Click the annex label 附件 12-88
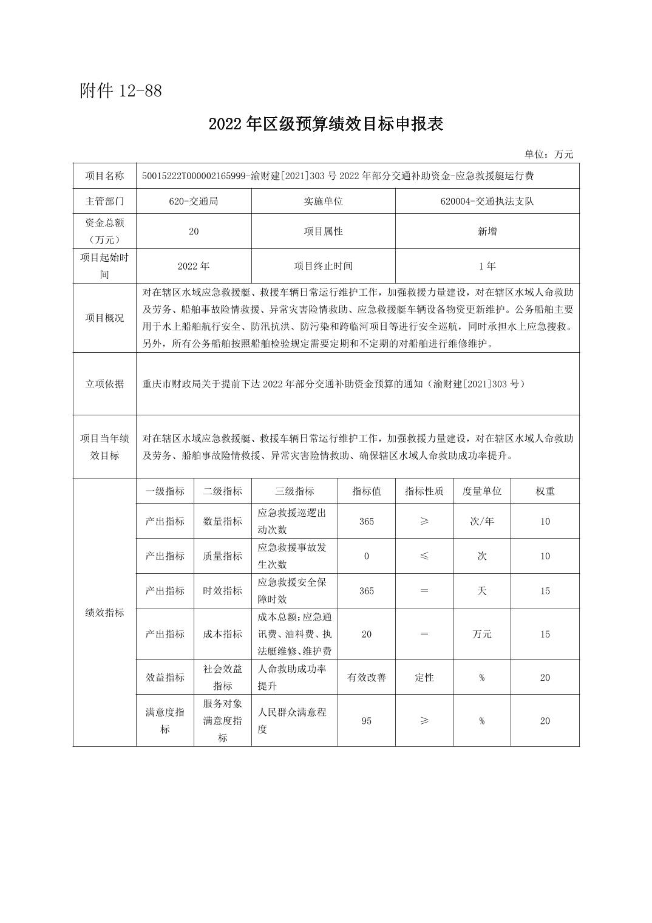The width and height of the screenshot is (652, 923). (121, 91)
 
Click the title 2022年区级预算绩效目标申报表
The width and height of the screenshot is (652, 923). (326, 124)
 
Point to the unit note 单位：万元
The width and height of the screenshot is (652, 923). (549, 154)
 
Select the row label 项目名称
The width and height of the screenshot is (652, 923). (104, 176)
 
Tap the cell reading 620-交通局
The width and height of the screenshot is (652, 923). (194, 201)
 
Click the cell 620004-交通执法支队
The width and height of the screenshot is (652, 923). (487, 201)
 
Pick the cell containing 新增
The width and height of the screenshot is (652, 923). (487, 231)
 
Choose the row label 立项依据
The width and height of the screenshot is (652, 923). (104, 384)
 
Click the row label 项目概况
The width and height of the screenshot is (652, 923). (104, 318)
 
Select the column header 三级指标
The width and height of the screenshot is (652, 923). (294, 491)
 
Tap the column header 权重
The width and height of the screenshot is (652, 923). (545, 491)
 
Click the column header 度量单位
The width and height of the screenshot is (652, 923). (481, 491)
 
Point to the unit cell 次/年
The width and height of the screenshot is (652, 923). (481, 521)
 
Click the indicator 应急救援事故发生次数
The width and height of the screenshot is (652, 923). (292, 556)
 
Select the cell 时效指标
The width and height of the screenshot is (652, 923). (222, 591)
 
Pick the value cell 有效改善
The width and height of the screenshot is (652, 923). (366, 678)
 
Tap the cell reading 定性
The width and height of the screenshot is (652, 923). (424, 678)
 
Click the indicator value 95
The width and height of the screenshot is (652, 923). (366, 721)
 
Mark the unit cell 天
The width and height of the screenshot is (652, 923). (481, 591)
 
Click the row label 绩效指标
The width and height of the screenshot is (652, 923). (104, 613)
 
